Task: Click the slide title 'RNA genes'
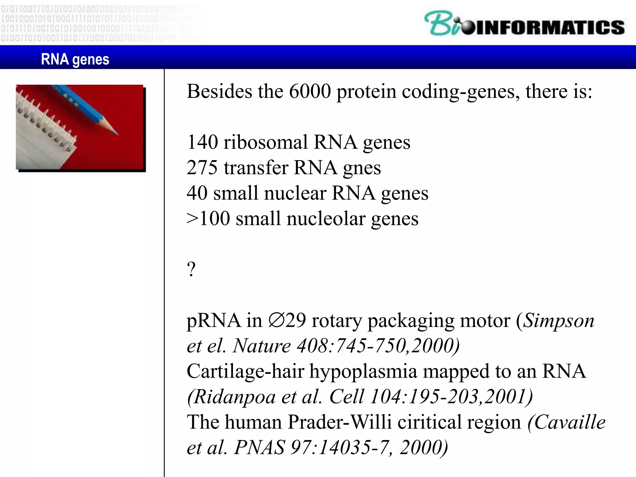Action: pyautogui.click(x=75, y=59)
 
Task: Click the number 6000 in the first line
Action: pyautogui.click(x=310, y=92)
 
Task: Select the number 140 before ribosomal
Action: pyautogui.click(x=202, y=142)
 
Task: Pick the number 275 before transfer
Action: pyautogui.click(x=202, y=168)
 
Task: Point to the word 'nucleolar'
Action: pyautogui.click(x=326, y=219)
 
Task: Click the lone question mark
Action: pyautogui.click(x=191, y=269)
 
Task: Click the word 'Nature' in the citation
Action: pyautogui.click(x=262, y=346)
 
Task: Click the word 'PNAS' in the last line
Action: pyautogui.click(x=260, y=447)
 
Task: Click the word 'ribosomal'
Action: pyautogui.click(x=266, y=142)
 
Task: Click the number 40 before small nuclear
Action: pyautogui.click(x=197, y=193)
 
